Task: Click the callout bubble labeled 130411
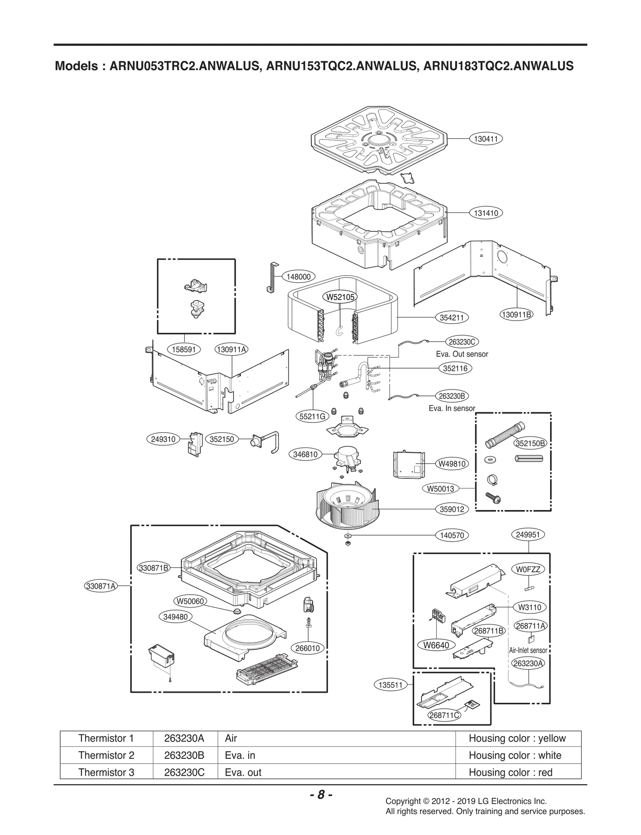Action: click(486, 139)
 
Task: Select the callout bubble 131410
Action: click(486, 213)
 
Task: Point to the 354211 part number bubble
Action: click(452, 317)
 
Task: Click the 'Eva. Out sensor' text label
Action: click(462, 354)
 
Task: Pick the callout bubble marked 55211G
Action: click(313, 416)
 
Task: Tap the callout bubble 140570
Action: click(452, 535)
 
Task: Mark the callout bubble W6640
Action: click(436, 645)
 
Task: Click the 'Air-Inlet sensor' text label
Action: click(528, 650)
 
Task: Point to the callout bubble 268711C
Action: click(444, 715)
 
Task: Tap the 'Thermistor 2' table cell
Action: click(106, 755)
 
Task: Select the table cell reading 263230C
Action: click(184, 772)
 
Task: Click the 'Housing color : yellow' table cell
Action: click(517, 738)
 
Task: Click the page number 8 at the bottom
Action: click(320, 795)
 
